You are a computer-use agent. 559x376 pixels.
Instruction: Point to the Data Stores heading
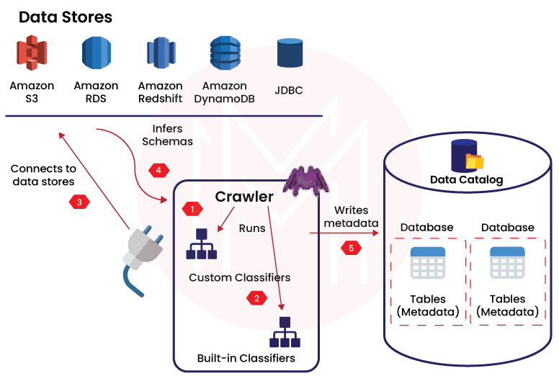click(x=66, y=17)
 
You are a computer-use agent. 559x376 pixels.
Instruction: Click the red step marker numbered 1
click(x=192, y=209)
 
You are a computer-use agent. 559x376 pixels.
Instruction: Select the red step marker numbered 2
click(x=255, y=298)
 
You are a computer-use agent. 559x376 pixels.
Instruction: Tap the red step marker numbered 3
click(x=80, y=202)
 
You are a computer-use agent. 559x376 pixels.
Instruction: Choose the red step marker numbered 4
click(x=158, y=171)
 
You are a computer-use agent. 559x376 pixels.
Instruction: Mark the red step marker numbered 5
click(x=352, y=249)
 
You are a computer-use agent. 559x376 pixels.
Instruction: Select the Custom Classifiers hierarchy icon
click(x=201, y=243)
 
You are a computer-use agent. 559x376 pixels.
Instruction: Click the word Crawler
click(x=244, y=197)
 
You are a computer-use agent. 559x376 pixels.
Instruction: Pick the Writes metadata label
click(x=351, y=217)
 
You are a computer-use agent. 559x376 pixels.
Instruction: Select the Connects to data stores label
click(x=43, y=175)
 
